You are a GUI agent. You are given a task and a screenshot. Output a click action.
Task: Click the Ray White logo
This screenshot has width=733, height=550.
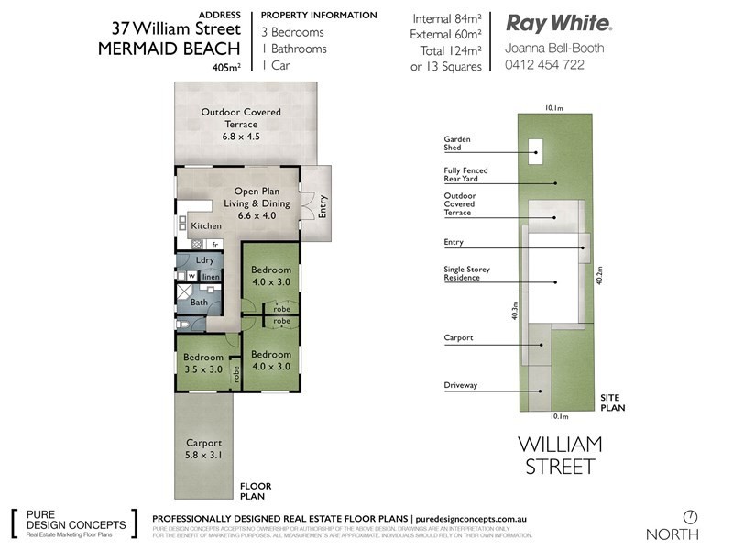(560, 23)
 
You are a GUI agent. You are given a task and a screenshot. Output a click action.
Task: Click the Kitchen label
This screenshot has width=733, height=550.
(205, 225)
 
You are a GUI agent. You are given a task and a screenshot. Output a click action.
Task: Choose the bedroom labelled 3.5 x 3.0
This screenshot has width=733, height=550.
(202, 363)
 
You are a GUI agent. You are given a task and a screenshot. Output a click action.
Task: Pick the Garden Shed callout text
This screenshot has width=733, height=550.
(457, 142)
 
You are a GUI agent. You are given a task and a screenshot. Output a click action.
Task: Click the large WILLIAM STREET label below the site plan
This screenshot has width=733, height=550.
(561, 455)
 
